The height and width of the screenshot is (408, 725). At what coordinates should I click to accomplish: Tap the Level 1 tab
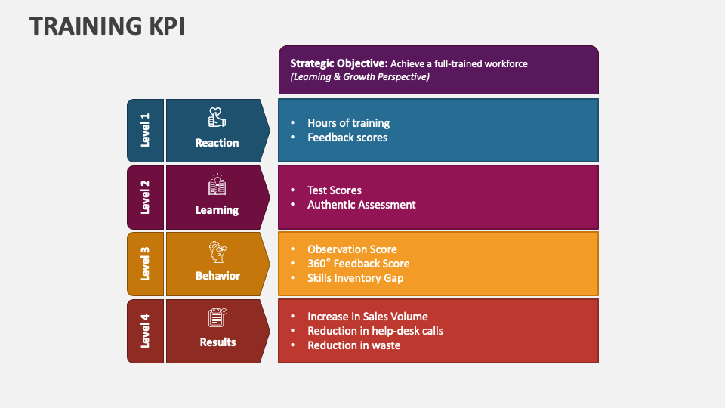[145, 131]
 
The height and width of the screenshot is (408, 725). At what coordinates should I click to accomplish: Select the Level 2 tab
[145, 197]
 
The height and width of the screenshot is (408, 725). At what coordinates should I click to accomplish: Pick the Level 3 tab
[145, 263]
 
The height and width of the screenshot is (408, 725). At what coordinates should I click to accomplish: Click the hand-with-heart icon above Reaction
[217, 118]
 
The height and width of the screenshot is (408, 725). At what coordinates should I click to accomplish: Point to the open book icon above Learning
[217, 185]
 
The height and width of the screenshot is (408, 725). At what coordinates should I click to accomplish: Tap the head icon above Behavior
[217, 252]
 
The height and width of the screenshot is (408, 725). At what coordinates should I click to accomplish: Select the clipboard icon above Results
[217, 317]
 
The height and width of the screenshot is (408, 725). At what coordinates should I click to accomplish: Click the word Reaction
[217, 143]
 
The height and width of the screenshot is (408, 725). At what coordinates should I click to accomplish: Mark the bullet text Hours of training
[348, 123]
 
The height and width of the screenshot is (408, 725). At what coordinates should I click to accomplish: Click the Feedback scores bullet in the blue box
[347, 138]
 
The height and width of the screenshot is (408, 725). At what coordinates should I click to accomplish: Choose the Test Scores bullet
[335, 190]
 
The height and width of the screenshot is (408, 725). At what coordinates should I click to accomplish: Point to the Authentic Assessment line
[362, 205]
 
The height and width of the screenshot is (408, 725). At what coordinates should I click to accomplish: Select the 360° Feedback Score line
[358, 264]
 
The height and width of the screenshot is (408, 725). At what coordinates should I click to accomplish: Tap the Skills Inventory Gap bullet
[355, 278]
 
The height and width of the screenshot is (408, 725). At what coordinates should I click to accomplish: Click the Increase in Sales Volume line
[368, 317]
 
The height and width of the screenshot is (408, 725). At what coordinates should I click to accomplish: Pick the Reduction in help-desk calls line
[375, 331]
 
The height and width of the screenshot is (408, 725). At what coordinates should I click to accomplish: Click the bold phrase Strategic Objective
[338, 63]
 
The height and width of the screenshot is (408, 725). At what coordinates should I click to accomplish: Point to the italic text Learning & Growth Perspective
[359, 77]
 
